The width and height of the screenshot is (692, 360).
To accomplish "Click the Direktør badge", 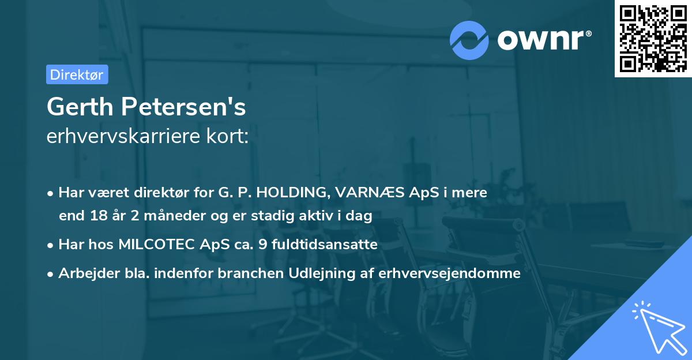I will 77,74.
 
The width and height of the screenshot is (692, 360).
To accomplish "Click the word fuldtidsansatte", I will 325,245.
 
